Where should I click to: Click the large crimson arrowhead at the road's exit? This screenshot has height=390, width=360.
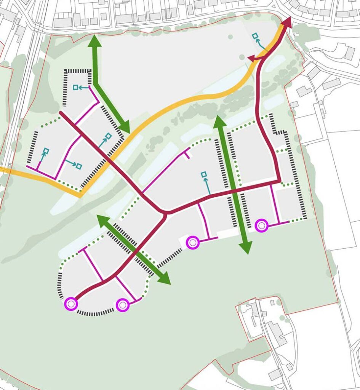[288, 22]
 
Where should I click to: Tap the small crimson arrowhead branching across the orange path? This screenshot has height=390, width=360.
[252, 58]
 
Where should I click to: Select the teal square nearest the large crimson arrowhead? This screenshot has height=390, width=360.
[255, 36]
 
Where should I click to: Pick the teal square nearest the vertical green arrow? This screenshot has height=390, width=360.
[204, 175]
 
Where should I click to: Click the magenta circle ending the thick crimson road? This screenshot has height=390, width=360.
[71, 304]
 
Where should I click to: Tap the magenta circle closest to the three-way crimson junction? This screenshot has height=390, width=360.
[192, 242]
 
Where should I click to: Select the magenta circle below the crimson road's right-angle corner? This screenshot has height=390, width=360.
[261, 225]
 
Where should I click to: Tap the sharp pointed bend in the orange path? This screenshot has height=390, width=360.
[81, 195]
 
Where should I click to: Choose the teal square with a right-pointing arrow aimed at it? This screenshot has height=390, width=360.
[79, 166]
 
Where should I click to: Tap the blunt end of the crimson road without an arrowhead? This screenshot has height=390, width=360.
[61, 112]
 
